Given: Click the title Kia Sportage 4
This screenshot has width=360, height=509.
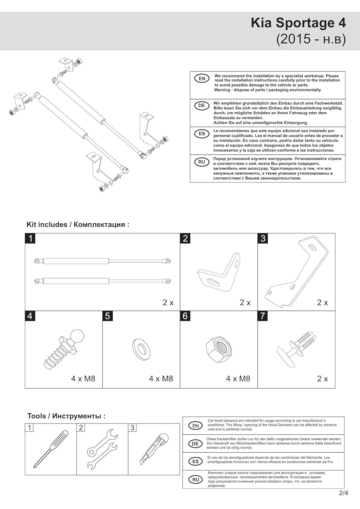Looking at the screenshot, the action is point(298,23).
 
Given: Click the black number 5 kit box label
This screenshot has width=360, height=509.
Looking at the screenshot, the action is point(108,316).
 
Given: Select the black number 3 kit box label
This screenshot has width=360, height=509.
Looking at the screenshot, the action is point(263,238).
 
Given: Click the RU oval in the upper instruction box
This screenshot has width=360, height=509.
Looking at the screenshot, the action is point(202,162).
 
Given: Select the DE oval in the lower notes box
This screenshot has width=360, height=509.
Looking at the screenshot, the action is point(195,444).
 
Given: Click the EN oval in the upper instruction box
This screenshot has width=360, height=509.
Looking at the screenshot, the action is point(202,79).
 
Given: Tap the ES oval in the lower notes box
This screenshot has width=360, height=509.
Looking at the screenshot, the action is point(195,461).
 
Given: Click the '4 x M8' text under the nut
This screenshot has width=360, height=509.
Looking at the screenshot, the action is point(238,379).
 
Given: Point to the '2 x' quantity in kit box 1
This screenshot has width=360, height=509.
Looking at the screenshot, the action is point(168,302).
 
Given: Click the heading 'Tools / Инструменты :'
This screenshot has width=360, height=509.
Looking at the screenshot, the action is point(67,416).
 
